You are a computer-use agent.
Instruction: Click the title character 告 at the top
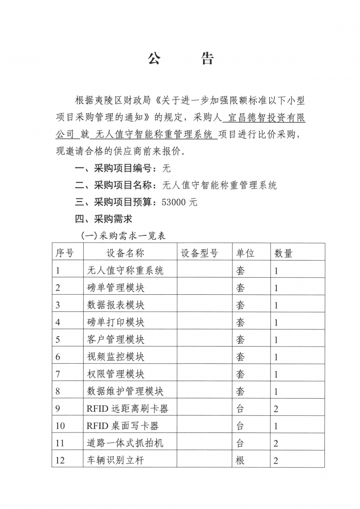tap(206, 59)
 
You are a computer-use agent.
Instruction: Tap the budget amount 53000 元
tap(179, 203)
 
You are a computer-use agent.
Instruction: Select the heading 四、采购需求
tap(103, 219)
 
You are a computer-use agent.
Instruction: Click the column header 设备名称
tap(125, 253)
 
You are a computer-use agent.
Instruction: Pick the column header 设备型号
tap(199, 253)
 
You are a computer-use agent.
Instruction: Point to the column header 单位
tap(245, 253)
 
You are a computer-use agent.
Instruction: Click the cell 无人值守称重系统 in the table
tap(125, 270)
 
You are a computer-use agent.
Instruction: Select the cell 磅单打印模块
tap(116, 322)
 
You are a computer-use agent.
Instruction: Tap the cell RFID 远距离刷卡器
tap(127, 409)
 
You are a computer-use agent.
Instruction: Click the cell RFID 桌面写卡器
tap(122, 426)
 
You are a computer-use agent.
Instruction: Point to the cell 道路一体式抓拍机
tap(125, 443)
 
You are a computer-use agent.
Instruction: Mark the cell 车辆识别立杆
tap(116, 460)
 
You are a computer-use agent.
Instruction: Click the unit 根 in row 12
tap(240, 460)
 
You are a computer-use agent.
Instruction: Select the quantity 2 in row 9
tap(276, 409)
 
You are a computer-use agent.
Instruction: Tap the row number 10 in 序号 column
tap(60, 426)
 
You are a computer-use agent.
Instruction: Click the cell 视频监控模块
tap(116, 357)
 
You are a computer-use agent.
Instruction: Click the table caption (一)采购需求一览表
tap(123, 235)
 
